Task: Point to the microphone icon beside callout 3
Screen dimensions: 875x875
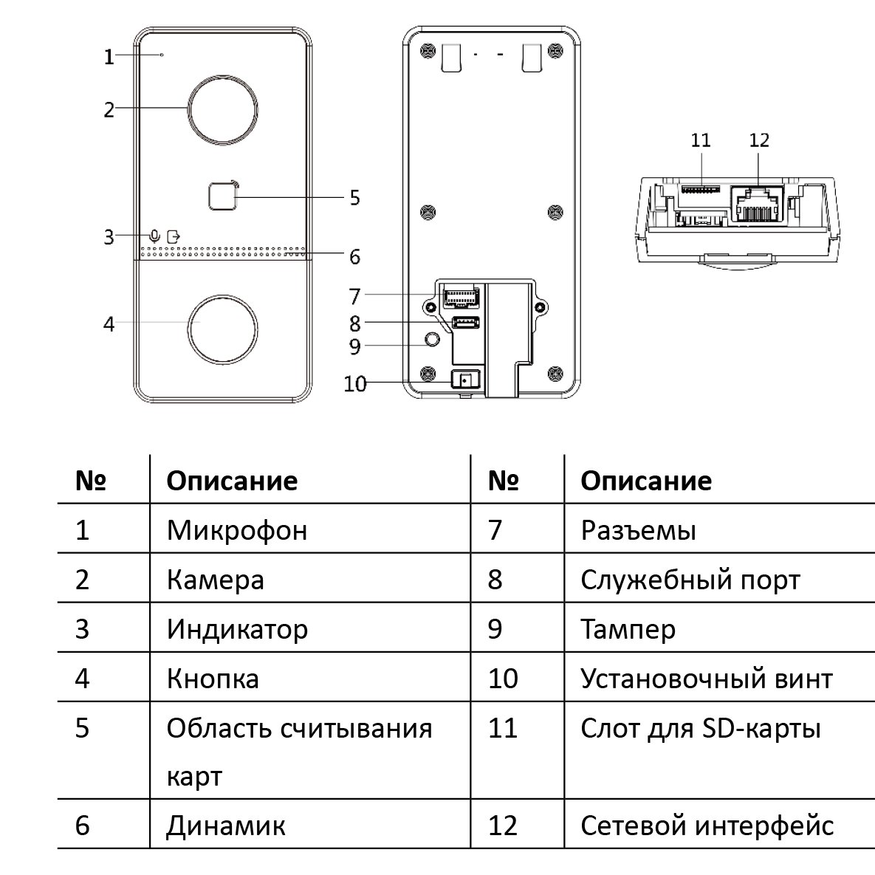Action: click(156, 236)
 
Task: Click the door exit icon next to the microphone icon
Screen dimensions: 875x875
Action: click(174, 236)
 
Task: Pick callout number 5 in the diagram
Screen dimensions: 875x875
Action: click(355, 198)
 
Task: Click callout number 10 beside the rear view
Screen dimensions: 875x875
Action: click(355, 384)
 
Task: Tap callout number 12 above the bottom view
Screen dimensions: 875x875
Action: click(759, 140)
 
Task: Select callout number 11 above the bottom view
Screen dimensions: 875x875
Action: click(700, 140)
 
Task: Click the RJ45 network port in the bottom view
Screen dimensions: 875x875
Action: click(758, 205)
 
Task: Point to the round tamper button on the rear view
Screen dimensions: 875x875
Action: click(431, 338)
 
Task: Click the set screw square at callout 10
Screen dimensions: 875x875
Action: click(465, 380)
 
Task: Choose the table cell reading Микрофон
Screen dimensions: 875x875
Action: click(237, 530)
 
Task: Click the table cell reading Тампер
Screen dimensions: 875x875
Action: click(628, 629)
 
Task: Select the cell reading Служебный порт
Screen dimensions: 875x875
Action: click(691, 580)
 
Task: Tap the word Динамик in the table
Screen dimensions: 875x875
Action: click(226, 826)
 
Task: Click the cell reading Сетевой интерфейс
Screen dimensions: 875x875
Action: click(707, 826)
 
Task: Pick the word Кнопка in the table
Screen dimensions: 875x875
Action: click(213, 679)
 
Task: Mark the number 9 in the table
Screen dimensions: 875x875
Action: click(495, 629)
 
